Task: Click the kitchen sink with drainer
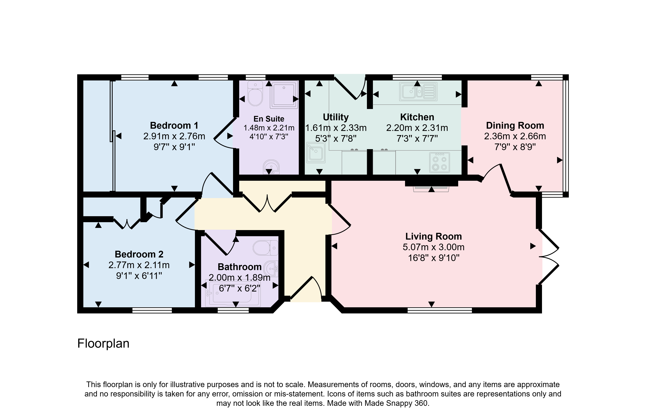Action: (418, 91)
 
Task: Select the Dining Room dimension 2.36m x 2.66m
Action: (515, 136)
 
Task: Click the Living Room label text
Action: (433, 236)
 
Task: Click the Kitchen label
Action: (417, 117)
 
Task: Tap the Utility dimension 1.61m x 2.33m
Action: (336, 128)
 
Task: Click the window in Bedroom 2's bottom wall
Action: (152, 310)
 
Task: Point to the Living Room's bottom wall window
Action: (440, 310)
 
